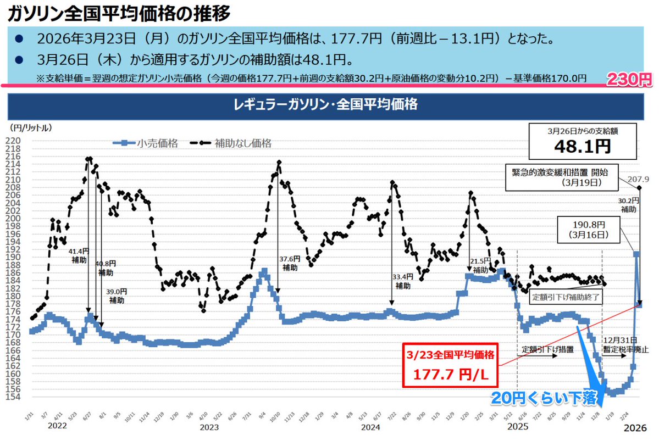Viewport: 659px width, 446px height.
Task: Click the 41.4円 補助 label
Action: click(x=79, y=255)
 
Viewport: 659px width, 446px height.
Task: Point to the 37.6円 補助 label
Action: click(x=290, y=263)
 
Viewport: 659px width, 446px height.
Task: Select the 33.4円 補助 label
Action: click(x=402, y=281)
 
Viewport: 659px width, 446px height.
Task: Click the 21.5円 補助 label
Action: click(x=480, y=266)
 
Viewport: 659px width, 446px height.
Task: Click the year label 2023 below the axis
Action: click(x=209, y=427)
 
